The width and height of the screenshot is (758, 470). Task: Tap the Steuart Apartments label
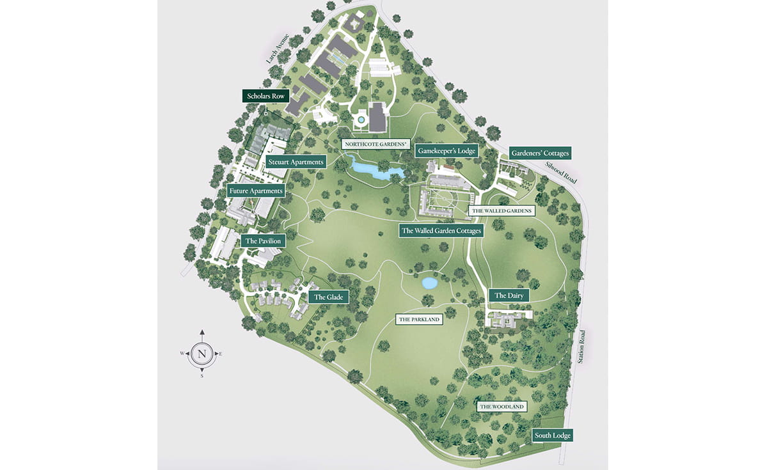(296, 162)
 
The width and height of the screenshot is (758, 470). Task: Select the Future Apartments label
(256, 191)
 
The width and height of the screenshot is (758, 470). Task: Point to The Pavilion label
(262, 241)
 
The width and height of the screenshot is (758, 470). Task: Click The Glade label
(329, 297)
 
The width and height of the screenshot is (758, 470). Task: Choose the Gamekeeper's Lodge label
(446, 151)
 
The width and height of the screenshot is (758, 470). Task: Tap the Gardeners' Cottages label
(539, 153)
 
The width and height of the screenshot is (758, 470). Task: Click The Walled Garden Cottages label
(441, 230)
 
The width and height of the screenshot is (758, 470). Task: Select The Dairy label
(510, 295)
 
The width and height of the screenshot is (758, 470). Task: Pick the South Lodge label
(553, 435)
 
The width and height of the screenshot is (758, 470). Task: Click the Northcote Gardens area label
(376, 145)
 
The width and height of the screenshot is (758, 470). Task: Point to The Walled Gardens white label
(501, 210)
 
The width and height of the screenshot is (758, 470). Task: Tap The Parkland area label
(420, 319)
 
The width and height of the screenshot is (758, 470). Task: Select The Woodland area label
(502, 407)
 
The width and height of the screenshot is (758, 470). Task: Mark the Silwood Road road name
(561, 172)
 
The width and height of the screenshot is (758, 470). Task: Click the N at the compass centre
(202, 354)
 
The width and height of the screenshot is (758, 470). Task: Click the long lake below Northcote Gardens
(376, 170)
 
